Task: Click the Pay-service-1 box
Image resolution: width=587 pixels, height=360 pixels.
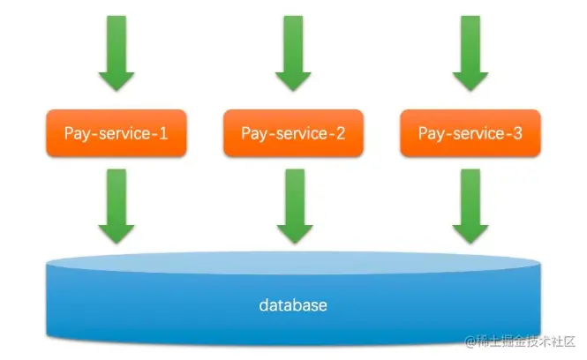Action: click(x=116, y=133)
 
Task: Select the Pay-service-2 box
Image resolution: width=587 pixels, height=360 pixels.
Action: click(x=293, y=133)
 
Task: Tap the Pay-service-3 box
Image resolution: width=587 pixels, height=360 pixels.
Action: click(x=470, y=133)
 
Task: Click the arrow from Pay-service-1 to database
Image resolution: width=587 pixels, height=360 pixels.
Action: click(x=116, y=205)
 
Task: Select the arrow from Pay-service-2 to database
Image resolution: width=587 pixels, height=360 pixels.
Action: click(x=293, y=205)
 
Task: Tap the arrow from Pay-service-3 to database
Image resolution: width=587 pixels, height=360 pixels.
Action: click(x=470, y=205)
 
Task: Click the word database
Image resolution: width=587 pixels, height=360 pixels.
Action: click(x=293, y=306)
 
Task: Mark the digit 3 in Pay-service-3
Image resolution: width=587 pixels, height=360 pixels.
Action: click(x=517, y=133)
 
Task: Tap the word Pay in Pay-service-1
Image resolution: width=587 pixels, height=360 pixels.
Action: click(x=77, y=134)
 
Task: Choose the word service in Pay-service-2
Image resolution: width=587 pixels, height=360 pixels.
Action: click(x=299, y=133)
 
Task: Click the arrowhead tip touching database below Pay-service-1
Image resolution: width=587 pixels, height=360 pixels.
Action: click(x=116, y=240)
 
